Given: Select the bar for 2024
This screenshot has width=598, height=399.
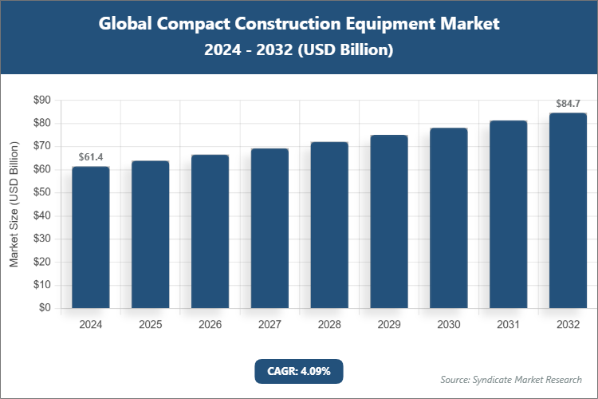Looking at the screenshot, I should [x=91, y=237].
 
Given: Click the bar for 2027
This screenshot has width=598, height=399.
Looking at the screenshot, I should [x=269, y=228].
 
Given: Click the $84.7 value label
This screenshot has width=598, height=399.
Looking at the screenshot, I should [x=568, y=104].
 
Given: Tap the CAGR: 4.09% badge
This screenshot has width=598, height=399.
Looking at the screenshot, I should [x=299, y=371].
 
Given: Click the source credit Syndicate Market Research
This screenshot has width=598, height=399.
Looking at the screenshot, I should [x=510, y=379].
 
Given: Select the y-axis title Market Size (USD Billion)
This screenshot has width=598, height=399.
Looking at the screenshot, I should [x=14, y=204].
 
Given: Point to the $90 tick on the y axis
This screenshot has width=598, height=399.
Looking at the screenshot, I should [x=41, y=101].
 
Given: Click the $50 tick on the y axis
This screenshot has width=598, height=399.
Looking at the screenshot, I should [x=41, y=192].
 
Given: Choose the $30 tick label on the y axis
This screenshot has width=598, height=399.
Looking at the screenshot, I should [x=41, y=239].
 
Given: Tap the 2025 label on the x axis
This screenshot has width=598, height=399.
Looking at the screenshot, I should [x=150, y=325].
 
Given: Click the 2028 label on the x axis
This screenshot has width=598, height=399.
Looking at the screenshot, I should [x=329, y=325].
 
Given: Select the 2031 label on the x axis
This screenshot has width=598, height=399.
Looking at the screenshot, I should [x=508, y=325].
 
